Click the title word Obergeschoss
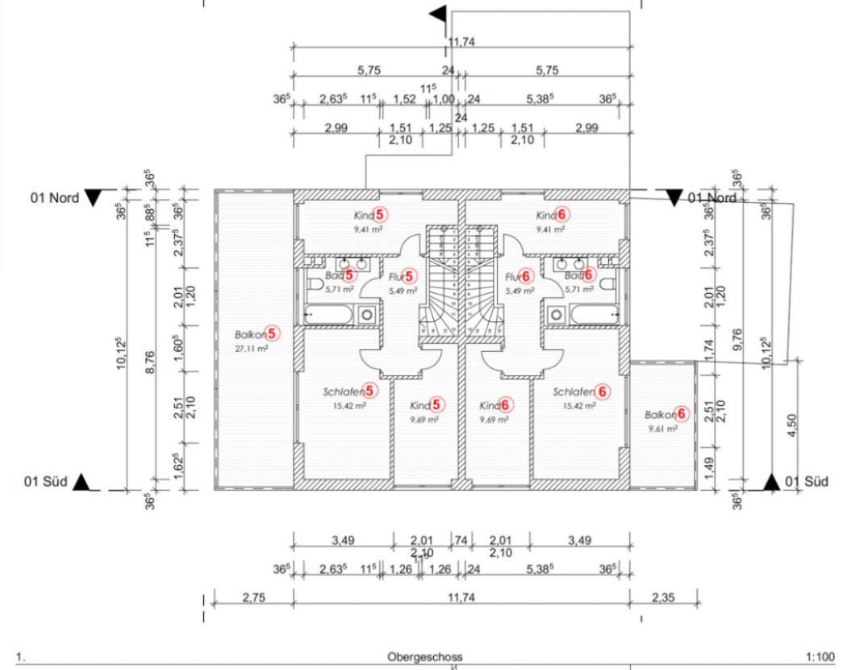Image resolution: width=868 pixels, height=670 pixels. (x=425, y=657)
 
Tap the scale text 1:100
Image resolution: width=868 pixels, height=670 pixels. (x=820, y=657)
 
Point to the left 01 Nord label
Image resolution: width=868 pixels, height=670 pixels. (x=55, y=197)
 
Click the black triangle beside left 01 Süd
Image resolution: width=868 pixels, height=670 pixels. (x=81, y=483)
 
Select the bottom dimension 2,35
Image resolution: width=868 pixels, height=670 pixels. (x=664, y=598)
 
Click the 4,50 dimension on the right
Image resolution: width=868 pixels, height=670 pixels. (x=792, y=424)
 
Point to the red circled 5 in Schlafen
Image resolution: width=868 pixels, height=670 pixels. (x=370, y=392)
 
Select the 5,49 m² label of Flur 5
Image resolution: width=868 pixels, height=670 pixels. (x=403, y=291)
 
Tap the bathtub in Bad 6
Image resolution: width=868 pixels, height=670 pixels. (x=593, y=314)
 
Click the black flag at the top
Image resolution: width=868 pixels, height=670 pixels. (x=439, y=14)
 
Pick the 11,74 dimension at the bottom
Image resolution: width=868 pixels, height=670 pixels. (x=462, y=598)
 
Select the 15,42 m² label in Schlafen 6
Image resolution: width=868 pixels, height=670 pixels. (x=578, y=406)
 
